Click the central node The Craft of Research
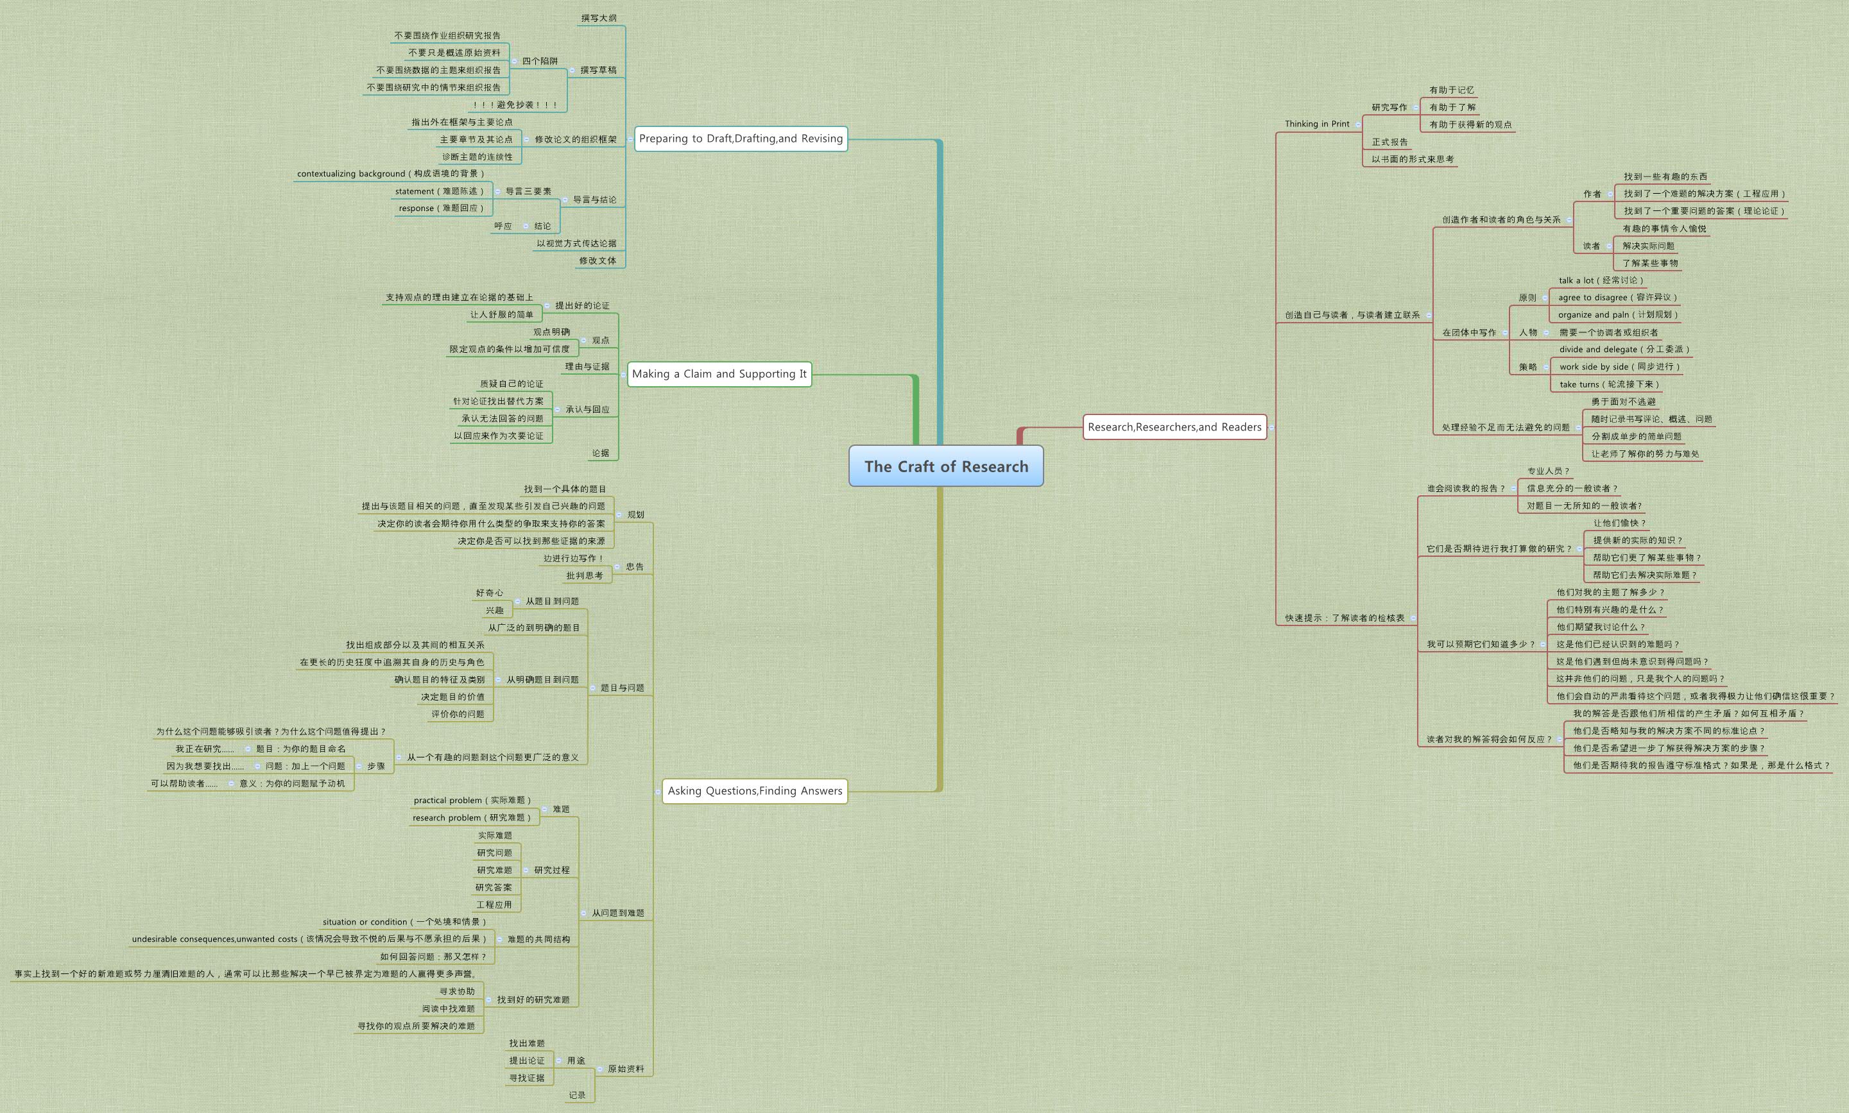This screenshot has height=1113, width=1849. [x=946, y=466]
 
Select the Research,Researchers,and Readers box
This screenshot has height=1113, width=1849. [x=1174, y=427]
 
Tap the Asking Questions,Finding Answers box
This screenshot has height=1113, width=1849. [x=755, y=790]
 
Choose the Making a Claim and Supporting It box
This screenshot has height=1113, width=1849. [x=719, y=373]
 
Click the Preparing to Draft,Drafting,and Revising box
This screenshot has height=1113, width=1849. [x=741, y=138]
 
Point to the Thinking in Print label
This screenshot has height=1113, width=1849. [x=1316, y=124]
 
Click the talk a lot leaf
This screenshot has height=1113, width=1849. [x=1601, y=280]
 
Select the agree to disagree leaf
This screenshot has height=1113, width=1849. [x=1617, y=298]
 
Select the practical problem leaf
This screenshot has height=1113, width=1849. [x=472, y=800]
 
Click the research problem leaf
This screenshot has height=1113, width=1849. [x=471, y=817]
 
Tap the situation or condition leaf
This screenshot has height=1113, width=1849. [x=404, y=922]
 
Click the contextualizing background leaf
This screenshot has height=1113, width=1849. [x=390, y=174]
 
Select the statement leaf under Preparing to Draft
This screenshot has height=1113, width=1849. [x=440, y=191]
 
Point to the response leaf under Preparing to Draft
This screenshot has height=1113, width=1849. [x=441, y=208]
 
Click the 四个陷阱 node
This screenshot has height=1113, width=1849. [x=539, y=62]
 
